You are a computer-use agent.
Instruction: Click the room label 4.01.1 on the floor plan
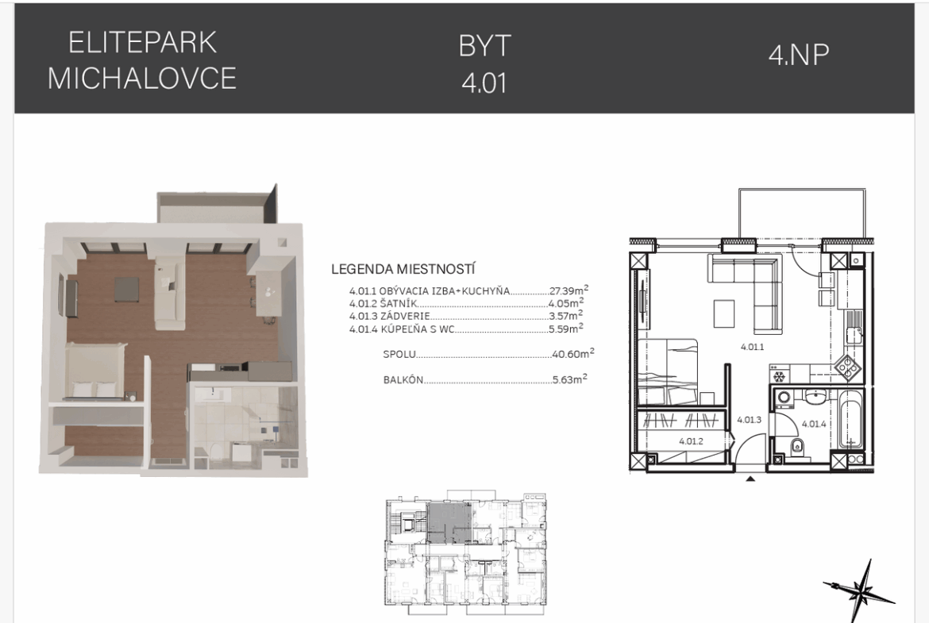point(752,347)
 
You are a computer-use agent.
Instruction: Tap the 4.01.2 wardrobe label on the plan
point(691,441)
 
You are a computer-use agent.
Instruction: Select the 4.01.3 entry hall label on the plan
point(749,419)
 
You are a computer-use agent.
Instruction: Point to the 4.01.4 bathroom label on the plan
point(813,424)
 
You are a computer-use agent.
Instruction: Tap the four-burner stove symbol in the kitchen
point(849,367)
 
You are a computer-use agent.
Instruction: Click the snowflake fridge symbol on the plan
point(780,377)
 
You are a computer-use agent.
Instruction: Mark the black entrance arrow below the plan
point(750,479)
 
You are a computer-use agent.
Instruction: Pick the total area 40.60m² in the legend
point(573,353)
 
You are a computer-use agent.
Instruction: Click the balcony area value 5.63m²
point(569,379)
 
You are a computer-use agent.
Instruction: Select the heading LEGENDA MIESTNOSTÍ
point(403,270)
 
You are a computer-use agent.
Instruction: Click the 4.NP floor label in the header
point(799,55)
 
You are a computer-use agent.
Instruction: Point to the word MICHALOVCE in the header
point(142,78)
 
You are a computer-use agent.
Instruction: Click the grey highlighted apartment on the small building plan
point(449,524)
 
